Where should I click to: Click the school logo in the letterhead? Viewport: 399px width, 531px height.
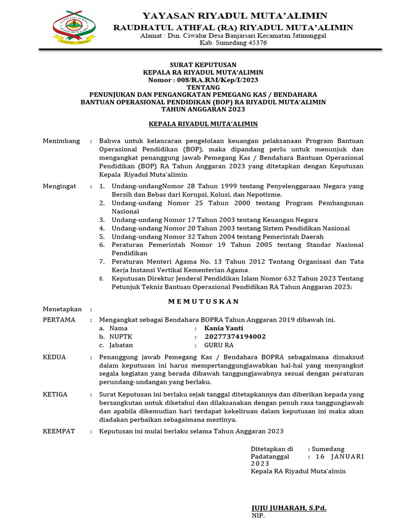pyautogui.click(x=75, y=26)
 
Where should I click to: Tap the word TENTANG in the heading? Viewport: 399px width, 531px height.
pyautogui.click(x=203, y=87)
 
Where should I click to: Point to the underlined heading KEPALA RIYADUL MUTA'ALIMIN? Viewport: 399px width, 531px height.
pyautogui.click(x=203, y=124)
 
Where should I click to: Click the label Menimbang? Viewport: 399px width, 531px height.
pyautogui.click(x=61, y=141)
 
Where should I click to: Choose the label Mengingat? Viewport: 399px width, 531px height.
pyautogui.click(x=59, y=186)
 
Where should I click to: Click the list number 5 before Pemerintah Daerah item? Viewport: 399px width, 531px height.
pyautogui.click(x=102, y=236)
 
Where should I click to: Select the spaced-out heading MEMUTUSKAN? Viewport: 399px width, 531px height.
pyautogui.click(x=203, y=301)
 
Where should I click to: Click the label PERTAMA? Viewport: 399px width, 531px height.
pyautogui.click(x=59, y=319)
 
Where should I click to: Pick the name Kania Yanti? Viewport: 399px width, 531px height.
pyautogui.click(x=223, y=328)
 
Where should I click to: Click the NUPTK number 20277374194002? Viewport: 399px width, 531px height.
pyautogui.click(x=235, y=337)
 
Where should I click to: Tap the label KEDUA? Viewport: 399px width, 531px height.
pyautogui.click(x=54, y=357)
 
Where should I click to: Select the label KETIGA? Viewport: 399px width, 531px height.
pyautogui.click(x=55, y=394)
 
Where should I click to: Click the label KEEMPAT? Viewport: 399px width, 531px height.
pyautogui.click(x=59, y=431)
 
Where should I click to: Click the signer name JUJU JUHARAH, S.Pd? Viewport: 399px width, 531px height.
pyautogui.click(x=289, y=508)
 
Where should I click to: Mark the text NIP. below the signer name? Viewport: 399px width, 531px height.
pyautogui.click(x=258, y=516)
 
